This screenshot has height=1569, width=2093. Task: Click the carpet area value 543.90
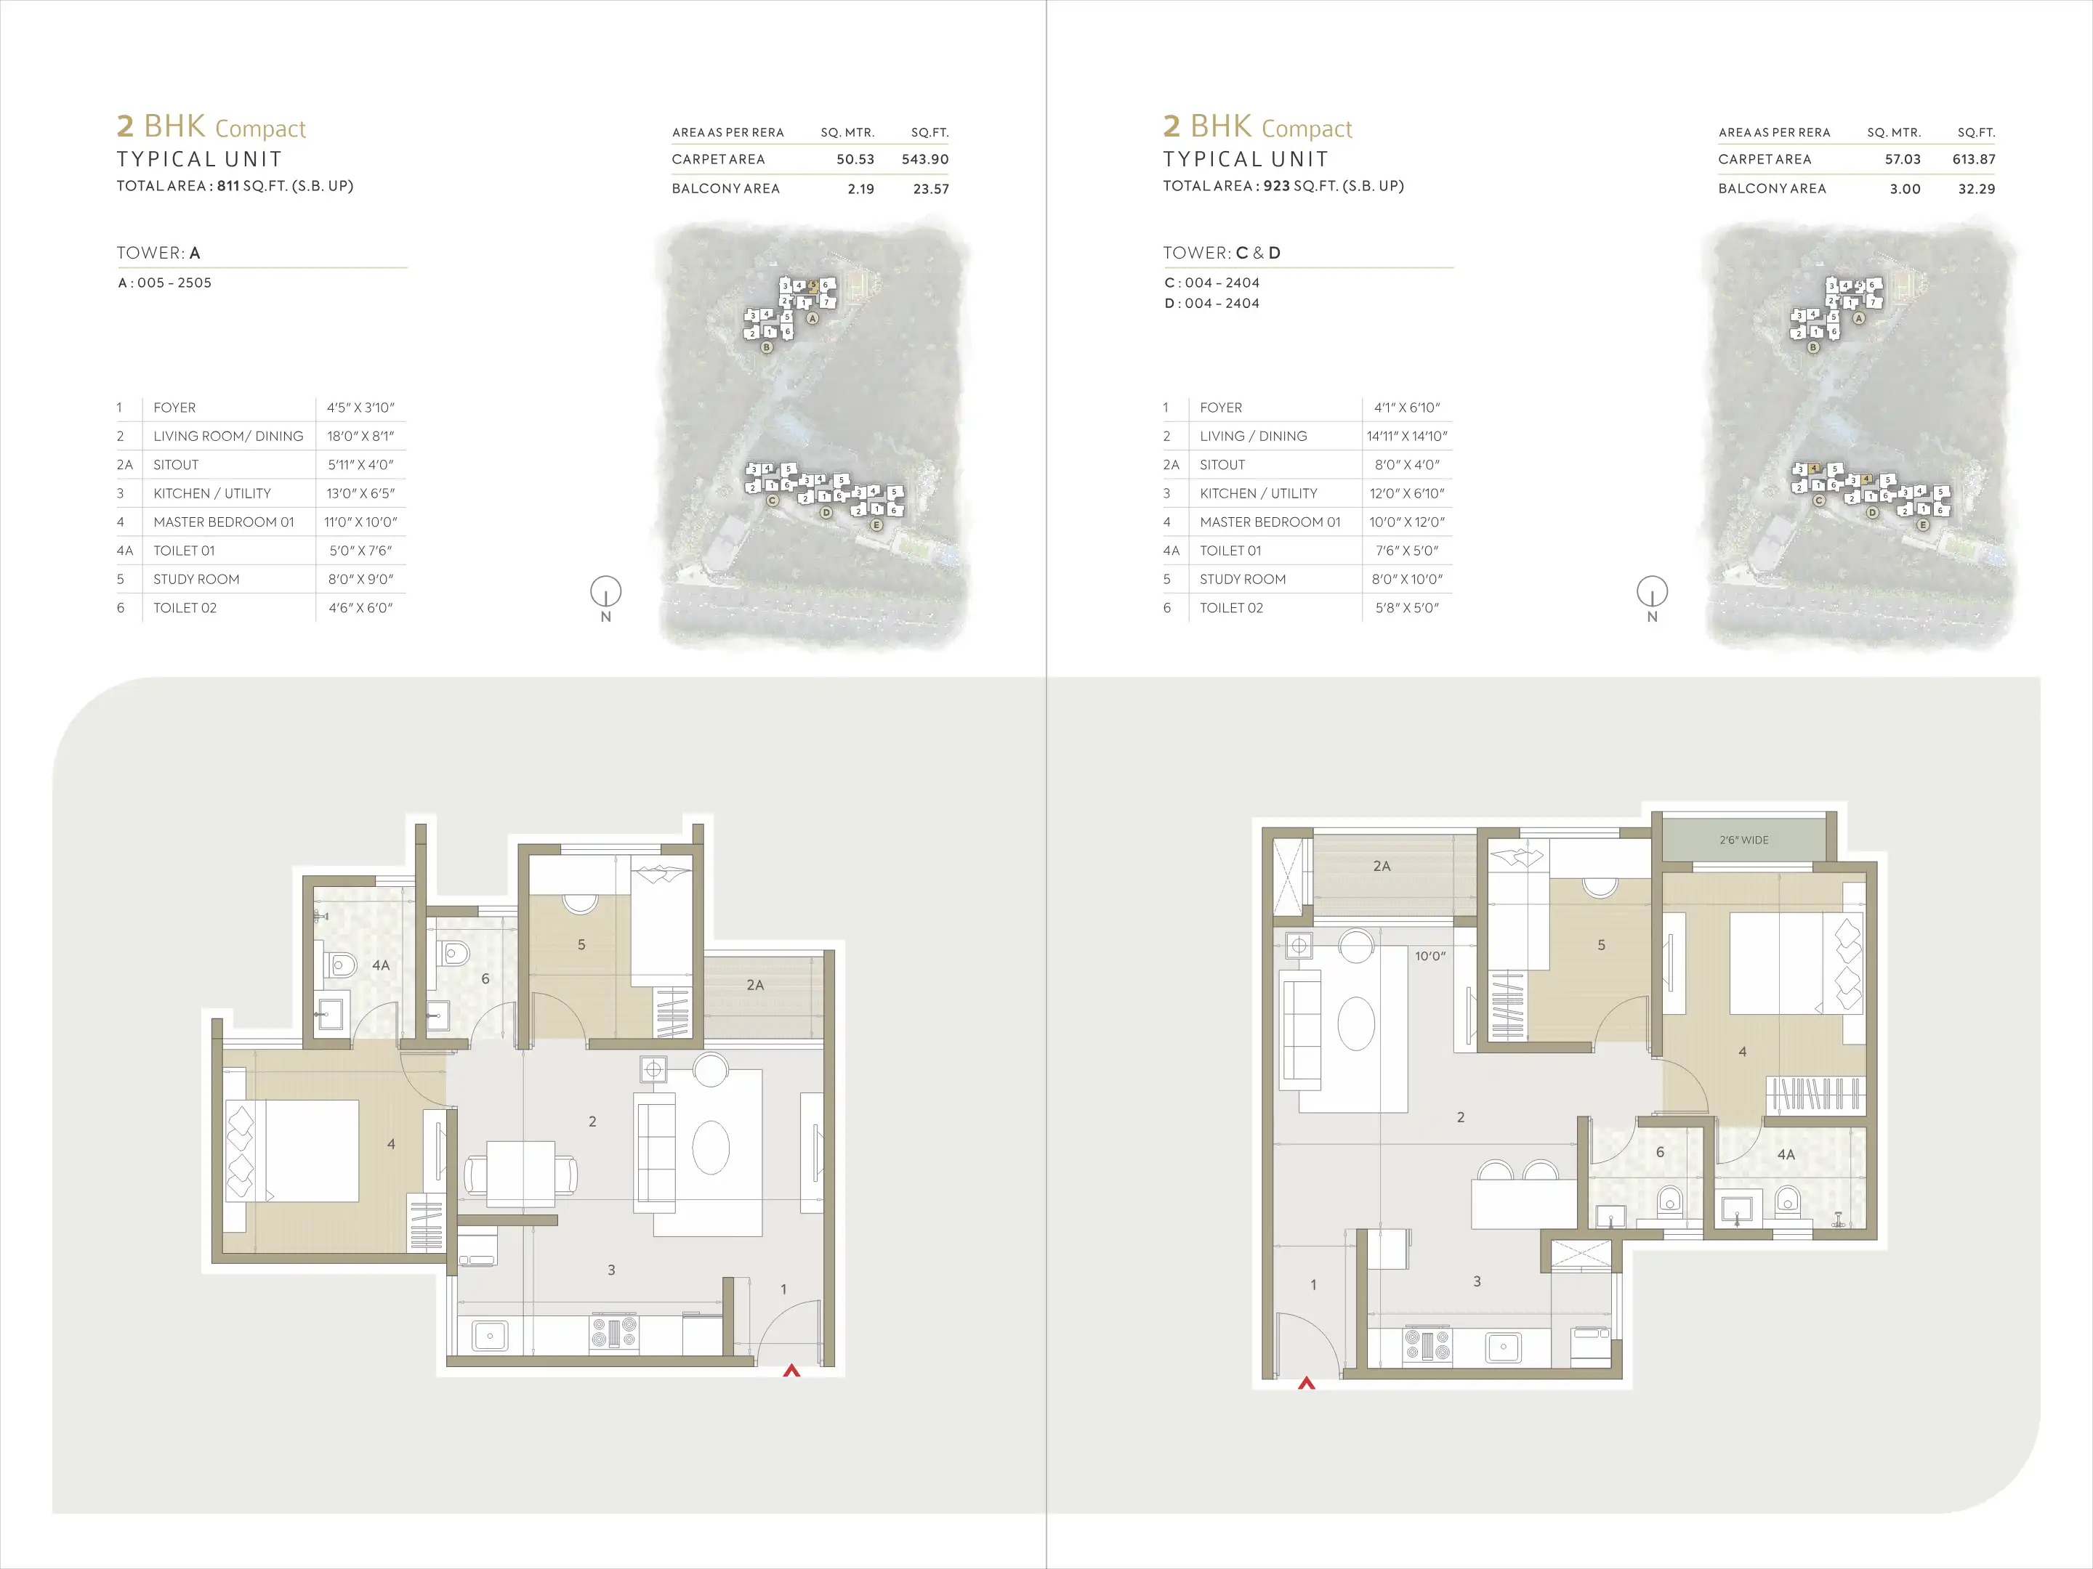pos(924,159)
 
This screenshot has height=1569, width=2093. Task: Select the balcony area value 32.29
pos(1976,188)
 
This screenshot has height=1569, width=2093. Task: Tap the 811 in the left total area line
pos(227,185)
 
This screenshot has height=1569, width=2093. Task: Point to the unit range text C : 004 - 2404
pos(1211,283)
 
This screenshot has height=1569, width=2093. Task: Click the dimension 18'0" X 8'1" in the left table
pos(360,436)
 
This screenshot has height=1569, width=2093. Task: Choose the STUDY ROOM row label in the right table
pos(1243,579)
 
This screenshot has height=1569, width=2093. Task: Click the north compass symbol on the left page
pos(605,593)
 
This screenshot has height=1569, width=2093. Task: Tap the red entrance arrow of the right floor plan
pos(1307,1383)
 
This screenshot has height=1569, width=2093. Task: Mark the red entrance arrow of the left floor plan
pos(791,1369)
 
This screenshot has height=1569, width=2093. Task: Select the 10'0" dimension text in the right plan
pos(1429,956)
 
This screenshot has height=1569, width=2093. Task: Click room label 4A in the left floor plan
pos(380,965)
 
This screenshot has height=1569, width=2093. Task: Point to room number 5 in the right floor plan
pos(1601,945)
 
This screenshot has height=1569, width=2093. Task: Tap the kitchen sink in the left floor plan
pos(489,1335)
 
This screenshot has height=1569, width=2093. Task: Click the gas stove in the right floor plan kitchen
pos(1427,1344)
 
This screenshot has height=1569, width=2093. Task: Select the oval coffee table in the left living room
pos(711,1147)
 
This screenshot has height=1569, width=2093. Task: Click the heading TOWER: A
pos(158,253)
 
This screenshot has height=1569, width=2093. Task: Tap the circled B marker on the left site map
pos(767,347)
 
